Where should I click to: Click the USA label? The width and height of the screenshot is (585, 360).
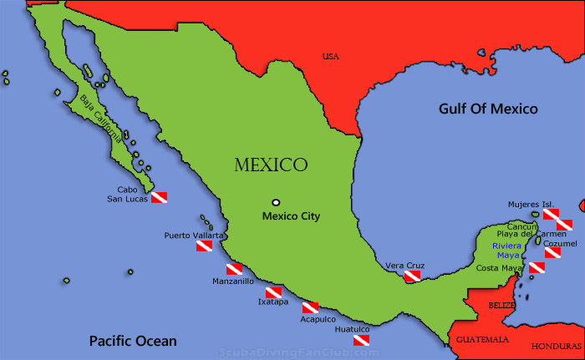click(x=331, y=57)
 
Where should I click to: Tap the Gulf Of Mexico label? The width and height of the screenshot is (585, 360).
click(x=489, y=109)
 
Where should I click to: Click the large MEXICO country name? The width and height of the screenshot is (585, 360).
click(x=271, y=165)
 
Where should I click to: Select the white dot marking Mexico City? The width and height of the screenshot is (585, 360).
click(x=276, y=201)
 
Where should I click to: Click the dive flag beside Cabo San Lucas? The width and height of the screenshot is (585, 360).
click(x=159, y=197)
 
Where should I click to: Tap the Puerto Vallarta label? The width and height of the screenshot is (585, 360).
click(x=194, y=235)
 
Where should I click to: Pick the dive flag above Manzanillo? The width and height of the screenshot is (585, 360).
click(x=235, y=269)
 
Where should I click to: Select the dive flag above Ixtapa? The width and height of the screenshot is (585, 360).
click(x=273, y=292)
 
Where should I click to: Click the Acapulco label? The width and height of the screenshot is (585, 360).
click(x=318, y=319)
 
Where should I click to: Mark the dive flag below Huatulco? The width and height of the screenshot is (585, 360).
click(x=361, y=341)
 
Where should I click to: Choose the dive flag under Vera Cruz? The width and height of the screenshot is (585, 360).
click(x=411, y=276)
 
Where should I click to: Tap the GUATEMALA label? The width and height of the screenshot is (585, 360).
click(x=482, y=340)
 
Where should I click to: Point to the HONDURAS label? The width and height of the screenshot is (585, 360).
click(x=556, y=346)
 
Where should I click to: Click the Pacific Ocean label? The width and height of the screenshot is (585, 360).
click(x=134, y=341)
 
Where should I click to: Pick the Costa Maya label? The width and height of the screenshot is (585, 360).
click(x=498, y=267)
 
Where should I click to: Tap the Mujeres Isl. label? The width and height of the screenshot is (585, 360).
click(x=531, y=204)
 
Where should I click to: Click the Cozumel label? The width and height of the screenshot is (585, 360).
click(x=560, y=243)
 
